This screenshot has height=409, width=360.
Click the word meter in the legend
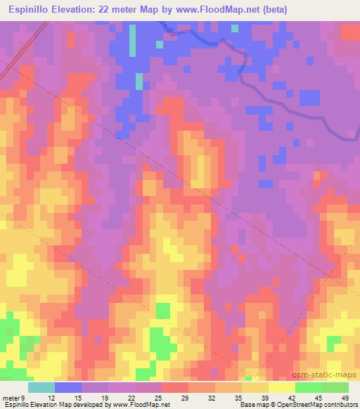coord(12,397)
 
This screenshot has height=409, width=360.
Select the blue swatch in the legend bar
coord(68,387)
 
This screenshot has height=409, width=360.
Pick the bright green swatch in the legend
coord(308,387)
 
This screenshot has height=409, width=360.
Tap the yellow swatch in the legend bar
coord(281,387)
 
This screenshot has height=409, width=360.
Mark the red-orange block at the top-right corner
coord(349,32)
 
